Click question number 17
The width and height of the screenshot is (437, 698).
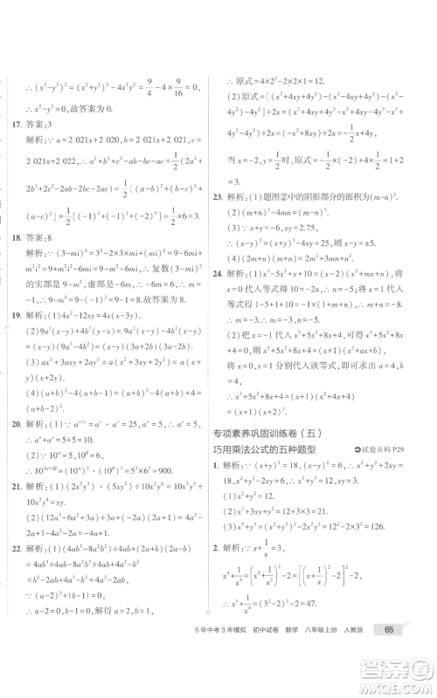[14, 123]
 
